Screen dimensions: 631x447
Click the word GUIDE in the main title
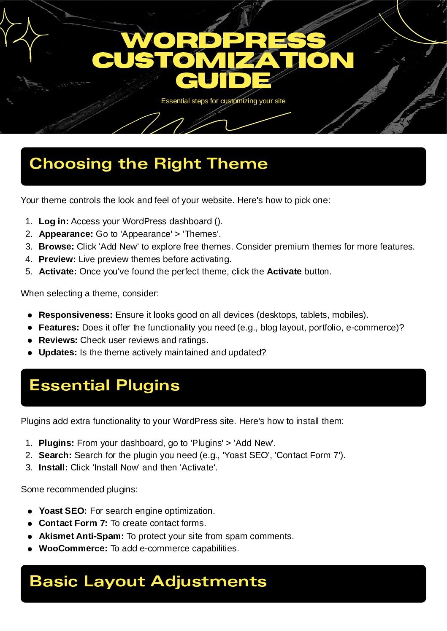pyautogui.click(x=223, y=81)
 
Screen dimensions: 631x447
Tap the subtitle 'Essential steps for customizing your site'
pyautogui.click(x=223, y=101)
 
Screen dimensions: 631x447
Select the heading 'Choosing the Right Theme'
pyautogui.click(x=149, y=164)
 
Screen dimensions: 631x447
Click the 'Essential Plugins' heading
pyautogui.click(x=105, y=385)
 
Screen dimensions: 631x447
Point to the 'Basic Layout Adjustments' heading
pyautogui.click(x=148, y=581)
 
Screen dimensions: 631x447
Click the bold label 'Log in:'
pyautogui.click(x=54, y=221)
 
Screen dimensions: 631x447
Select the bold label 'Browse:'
pyautogui.click(x=56, y=247)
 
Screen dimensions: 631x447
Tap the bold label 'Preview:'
pyautogui.click(x=57, y=259)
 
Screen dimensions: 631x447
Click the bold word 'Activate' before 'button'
pyautogui.click(x=284, y=271)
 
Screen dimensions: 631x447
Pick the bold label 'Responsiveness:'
pyautogui.click(x=76, y=315)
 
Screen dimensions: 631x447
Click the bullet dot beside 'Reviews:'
pyautogui.click(x=30, y=340)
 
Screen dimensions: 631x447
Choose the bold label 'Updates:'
pyautogui.click(x=58, y=352)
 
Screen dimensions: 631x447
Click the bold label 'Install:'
pyautogui.click(x=53, y=467)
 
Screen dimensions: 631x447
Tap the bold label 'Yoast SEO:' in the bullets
pyautogui.click(x=63, y=511)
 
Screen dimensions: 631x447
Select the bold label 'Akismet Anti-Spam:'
pyautogui.click(x=81, y=536)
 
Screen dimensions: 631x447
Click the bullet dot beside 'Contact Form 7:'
pyautogui.click(x=30, y=524)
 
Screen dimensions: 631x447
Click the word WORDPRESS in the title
pyautogui.click(x=223, y=40)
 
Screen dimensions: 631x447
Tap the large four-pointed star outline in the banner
pyautogui.click(x=30, y=38)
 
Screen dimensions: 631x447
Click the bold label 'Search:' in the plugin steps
pyautogui.click(x=55, y=455)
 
